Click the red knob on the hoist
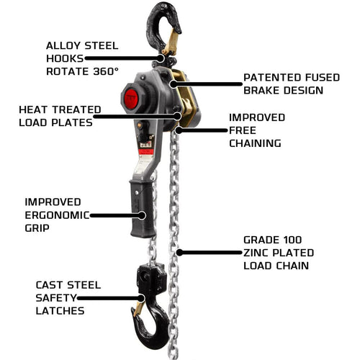(131, 99)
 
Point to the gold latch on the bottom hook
(138, 309)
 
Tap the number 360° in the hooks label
(106, 71)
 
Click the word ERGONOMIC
(57, 215)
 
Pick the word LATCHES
(60, 311)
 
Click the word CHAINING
(255, 143)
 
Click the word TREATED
(76, 109)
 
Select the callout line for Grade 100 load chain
(209, 253)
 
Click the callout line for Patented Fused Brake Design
(206, 84)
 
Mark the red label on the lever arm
(146, 152)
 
